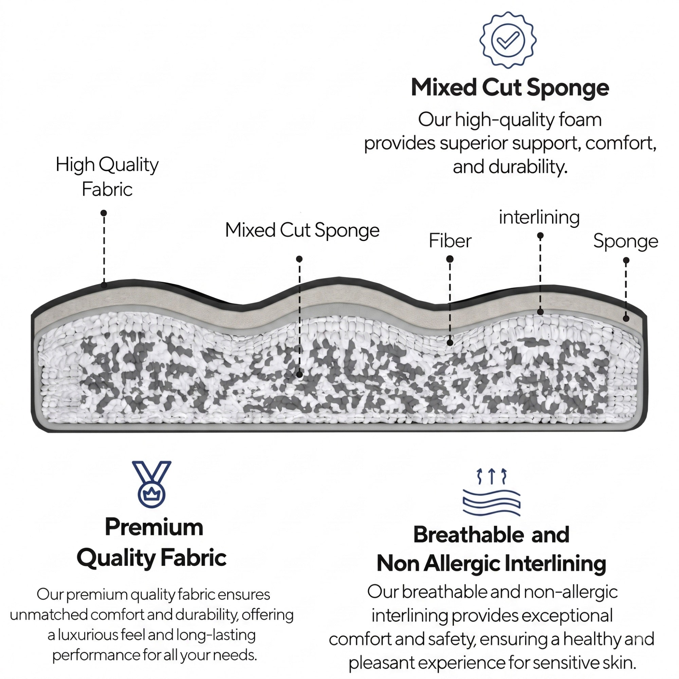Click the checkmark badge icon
(508, 40)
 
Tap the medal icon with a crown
(151, 484)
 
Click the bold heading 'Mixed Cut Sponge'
(510, 88)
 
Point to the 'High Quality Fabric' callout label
(107, 177)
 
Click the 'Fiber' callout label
(450, 241)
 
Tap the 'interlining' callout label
(539, 218)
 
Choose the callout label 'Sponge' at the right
(626, 242)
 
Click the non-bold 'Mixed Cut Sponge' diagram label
(302, 231)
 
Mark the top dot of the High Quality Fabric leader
(104, 213)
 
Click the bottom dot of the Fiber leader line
(450, 343)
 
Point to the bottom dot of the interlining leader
(540, 312)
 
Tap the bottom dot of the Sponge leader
(626, 319)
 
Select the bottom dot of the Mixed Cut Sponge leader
(299, 375)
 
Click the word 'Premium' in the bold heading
(154, 527)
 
